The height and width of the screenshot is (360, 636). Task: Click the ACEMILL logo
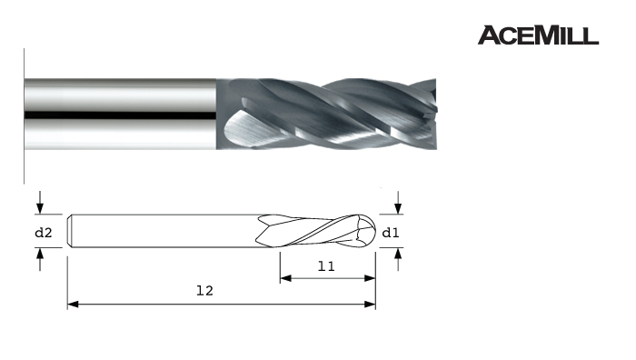coord(538,35)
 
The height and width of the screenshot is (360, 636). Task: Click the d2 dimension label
coord(44,233)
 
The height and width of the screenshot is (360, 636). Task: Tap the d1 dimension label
coord(391,233)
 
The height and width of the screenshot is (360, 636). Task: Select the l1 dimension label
coord(326,266)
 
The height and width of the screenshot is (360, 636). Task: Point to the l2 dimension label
coord(204,291)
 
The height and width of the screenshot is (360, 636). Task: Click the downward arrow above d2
coord(40,203)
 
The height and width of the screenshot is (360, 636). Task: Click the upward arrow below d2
coord(40,259)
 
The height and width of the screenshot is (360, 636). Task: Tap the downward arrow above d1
coord(398,203)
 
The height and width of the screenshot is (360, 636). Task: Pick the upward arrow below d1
coord(398,259)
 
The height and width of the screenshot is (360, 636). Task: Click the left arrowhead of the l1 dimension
coord(285,278)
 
